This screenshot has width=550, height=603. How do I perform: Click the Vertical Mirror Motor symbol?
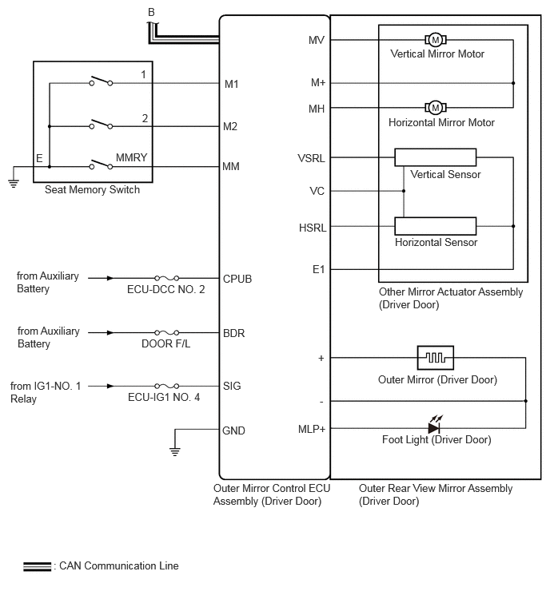[436, 40]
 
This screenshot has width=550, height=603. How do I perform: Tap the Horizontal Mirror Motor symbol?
[436, 108]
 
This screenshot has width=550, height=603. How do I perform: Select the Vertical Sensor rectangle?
[436, 157]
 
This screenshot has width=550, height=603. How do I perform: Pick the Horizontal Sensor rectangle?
[436, 226]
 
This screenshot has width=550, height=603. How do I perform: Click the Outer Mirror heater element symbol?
[436, 358]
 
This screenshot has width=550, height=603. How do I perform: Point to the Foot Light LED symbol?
[435, 425]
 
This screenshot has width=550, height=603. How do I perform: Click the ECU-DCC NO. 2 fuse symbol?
[166, 278]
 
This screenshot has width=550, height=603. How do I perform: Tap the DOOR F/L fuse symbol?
[166, 332]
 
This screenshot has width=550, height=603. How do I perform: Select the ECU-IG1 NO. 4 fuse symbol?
[166, 386]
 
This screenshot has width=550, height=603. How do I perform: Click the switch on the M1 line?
[101, 81]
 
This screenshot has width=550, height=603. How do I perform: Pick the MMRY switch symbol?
[101, 165]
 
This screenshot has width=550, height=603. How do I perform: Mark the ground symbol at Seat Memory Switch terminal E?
[14, 184]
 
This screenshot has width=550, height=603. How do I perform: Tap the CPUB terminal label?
[237, 279]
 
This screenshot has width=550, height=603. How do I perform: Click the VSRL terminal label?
[311, 158]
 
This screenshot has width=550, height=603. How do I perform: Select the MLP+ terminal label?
[312, 429]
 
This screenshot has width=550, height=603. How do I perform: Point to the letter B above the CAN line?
[151, 12]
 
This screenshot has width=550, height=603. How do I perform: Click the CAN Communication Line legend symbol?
[37, 566]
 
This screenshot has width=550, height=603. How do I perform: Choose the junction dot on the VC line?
[404, 191]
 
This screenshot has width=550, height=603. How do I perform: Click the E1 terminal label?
[319, 270]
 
